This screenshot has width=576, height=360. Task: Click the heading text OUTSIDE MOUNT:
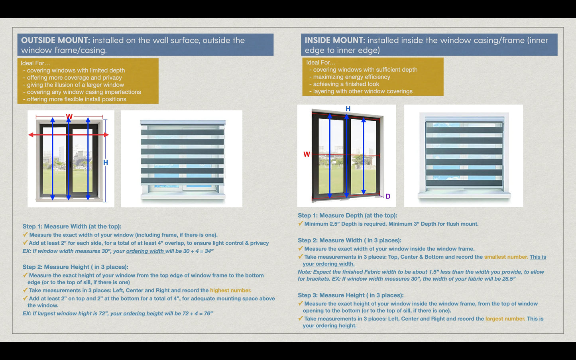coord(55,40)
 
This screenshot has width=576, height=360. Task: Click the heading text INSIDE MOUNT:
coord(335,40)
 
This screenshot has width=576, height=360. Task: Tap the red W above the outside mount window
coord(69,117)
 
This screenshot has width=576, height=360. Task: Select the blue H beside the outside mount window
coord(106,163)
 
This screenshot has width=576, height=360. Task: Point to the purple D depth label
coord(388,196)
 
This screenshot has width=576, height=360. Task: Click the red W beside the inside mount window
coord(307,154)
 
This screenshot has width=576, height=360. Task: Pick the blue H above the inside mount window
coord(348,109)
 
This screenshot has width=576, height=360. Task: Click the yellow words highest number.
coord(230,290)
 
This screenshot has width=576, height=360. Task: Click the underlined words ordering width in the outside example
coord(145,251)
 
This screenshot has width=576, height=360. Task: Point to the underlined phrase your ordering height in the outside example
coord(136,313)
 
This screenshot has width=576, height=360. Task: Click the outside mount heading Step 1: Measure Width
coord(72,226)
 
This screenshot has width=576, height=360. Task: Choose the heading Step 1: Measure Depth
coord(347,215)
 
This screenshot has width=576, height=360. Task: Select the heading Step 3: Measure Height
coord(350,295)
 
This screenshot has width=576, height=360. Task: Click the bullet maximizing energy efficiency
coord(352,77)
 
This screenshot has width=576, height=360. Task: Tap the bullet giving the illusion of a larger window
coord(75,85)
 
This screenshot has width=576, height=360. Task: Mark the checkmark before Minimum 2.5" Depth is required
coord(301,224)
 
